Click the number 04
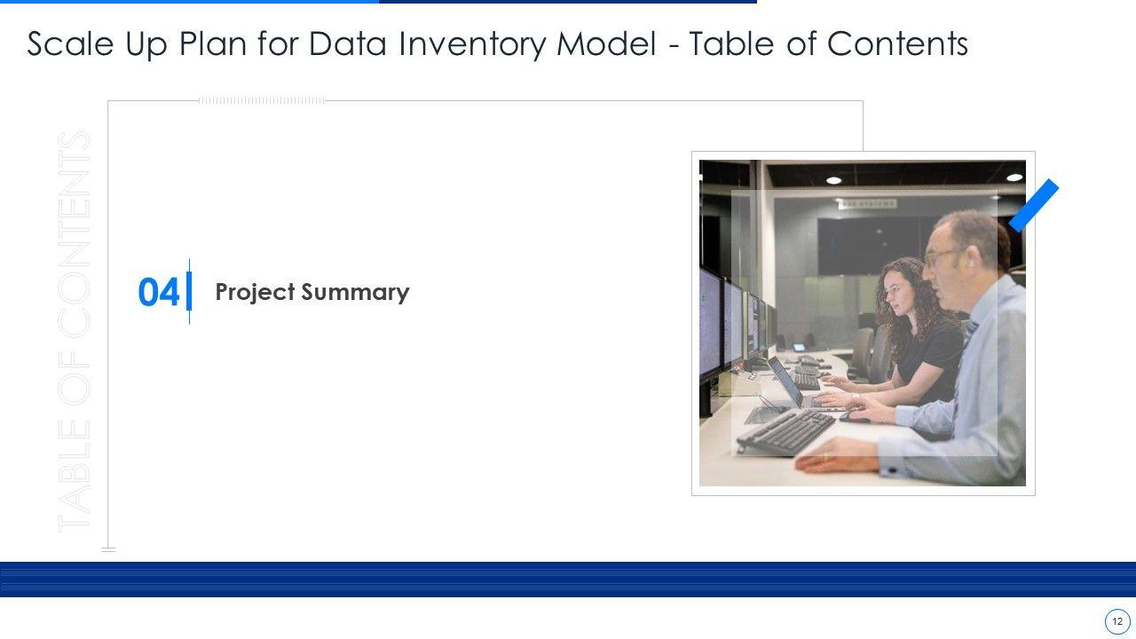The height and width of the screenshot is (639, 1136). point(158,292)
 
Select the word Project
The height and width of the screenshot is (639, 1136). point(255,293)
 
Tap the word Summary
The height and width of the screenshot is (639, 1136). point(355,293)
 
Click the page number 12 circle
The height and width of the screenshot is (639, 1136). point(1117,622)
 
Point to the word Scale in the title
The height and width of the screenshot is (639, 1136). point(70,43)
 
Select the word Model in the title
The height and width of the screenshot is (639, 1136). point(606,43)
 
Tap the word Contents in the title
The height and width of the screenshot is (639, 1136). point(897,43)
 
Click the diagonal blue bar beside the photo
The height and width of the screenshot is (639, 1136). point(1034,205)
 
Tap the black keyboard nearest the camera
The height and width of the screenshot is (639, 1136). point(785,431)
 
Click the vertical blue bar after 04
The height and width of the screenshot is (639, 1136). point(189,291)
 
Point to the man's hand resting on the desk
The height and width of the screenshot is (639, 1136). point(837,455)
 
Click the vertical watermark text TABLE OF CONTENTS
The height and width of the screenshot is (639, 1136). point(74,332)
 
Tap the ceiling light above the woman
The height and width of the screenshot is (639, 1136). point(833,180)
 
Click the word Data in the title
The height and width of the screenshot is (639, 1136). point(348,43)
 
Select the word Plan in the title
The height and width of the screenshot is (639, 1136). point(212,43)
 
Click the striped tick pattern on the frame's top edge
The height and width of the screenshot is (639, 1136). point(262,101)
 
